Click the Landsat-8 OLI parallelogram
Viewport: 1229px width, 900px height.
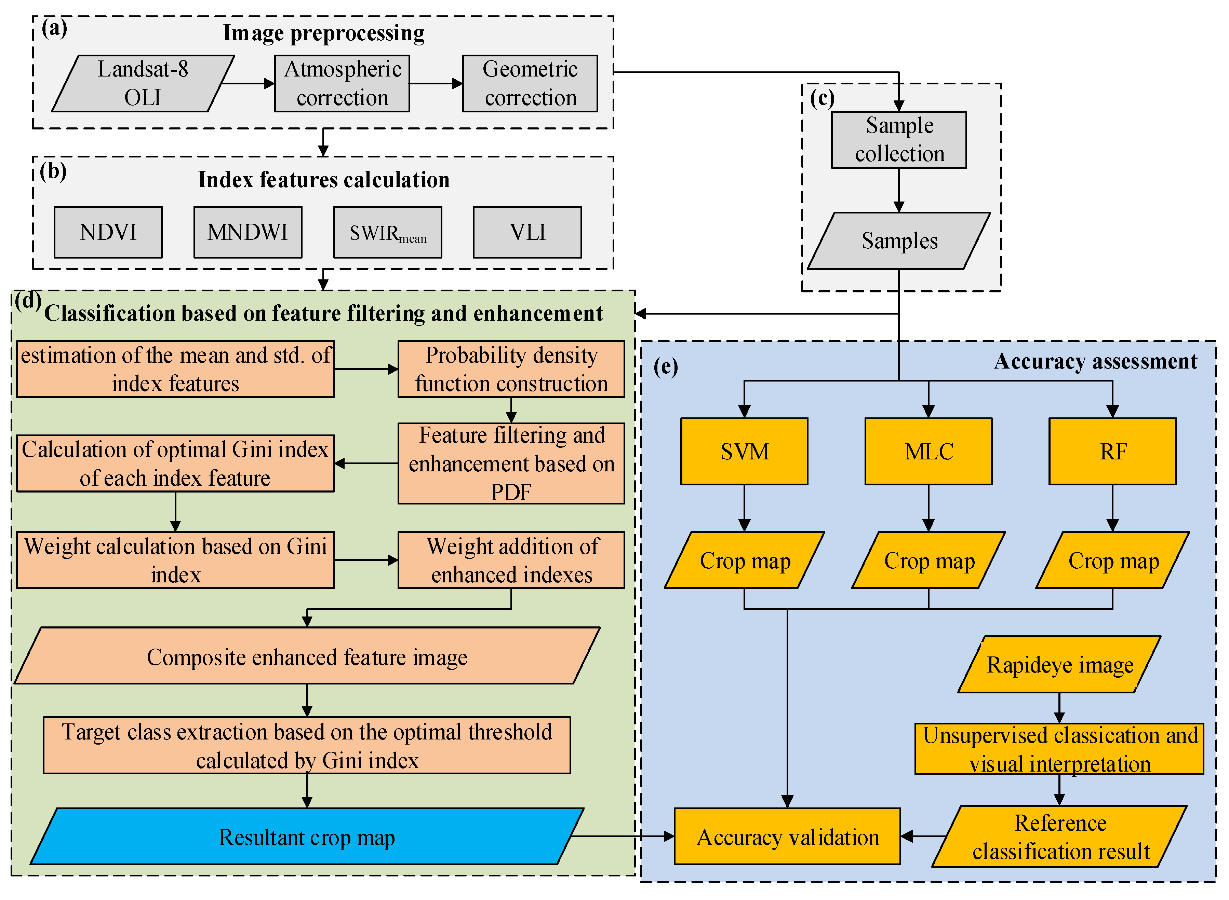tap(143, 83)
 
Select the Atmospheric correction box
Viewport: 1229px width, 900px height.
tap(342, 83)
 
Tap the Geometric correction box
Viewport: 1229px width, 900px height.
tap(530, 83)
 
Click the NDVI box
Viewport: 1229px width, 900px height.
tap(108, 232)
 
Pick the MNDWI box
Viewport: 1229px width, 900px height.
tap(248, 232)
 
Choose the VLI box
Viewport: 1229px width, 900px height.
tap(527, 232)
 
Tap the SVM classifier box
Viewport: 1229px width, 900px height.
tap(744, 452)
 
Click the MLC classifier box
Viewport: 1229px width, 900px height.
tap(929, 452)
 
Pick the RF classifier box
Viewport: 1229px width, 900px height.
tap(1112, 452)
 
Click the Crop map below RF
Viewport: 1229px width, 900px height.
tap(1112, 560)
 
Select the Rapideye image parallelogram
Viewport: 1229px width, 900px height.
tap(1059, 665)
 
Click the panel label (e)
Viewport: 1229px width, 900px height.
tap(666, 366)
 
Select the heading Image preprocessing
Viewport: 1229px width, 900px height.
tap(323, 33)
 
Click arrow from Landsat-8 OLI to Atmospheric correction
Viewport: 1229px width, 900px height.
tap(248, 83)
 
